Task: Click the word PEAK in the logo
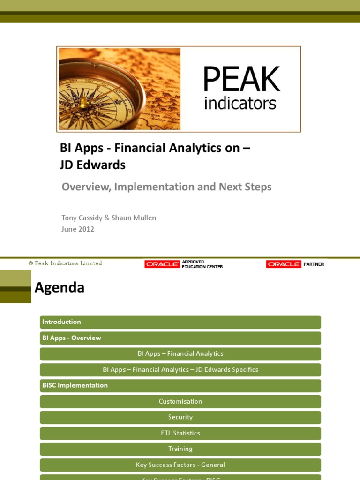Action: tap(241, 79)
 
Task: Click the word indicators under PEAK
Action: tap(240, 103)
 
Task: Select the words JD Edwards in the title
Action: tap(93, 165)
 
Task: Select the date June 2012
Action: tap(78, 229)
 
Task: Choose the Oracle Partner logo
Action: tap(295, 264)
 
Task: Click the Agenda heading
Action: tap(60, 287)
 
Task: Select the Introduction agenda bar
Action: tap(180, 322)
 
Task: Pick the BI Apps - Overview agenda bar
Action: tap(180, 338)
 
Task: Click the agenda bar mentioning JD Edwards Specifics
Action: tap(180, 369)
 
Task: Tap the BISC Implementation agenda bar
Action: tap(180, 385)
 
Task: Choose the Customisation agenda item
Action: tap(180, 401)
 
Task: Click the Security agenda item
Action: tap(180, 417)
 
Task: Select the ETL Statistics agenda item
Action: tap(180, 433)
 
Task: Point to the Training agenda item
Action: tap(180, 449)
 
